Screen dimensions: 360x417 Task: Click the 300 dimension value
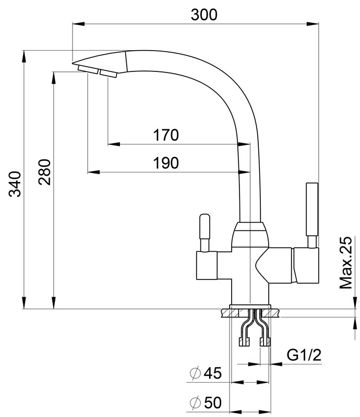coord(204,15)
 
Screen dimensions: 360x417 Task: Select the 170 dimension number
coord(165,135)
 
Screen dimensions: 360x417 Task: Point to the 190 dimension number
coord(165,163)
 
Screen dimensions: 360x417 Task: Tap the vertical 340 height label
coord(15,184)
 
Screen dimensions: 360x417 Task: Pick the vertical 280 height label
coord(44,172)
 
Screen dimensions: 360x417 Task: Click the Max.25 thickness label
coord(346,263)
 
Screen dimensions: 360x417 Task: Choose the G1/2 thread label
coord(304,355)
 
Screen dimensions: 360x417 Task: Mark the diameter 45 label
coord(206,373)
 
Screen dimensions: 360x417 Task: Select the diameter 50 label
coord(206,402)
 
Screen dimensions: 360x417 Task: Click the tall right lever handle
coord(312,209)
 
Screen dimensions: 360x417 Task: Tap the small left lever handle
coord(205,226)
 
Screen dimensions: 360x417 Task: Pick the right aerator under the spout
coord(109,73)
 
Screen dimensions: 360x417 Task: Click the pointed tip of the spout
coord(73,64)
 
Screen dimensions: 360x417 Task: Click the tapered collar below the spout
coord(250,234)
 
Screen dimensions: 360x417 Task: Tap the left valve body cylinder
coord(207,265)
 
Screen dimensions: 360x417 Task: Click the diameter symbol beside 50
coord(195,403)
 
